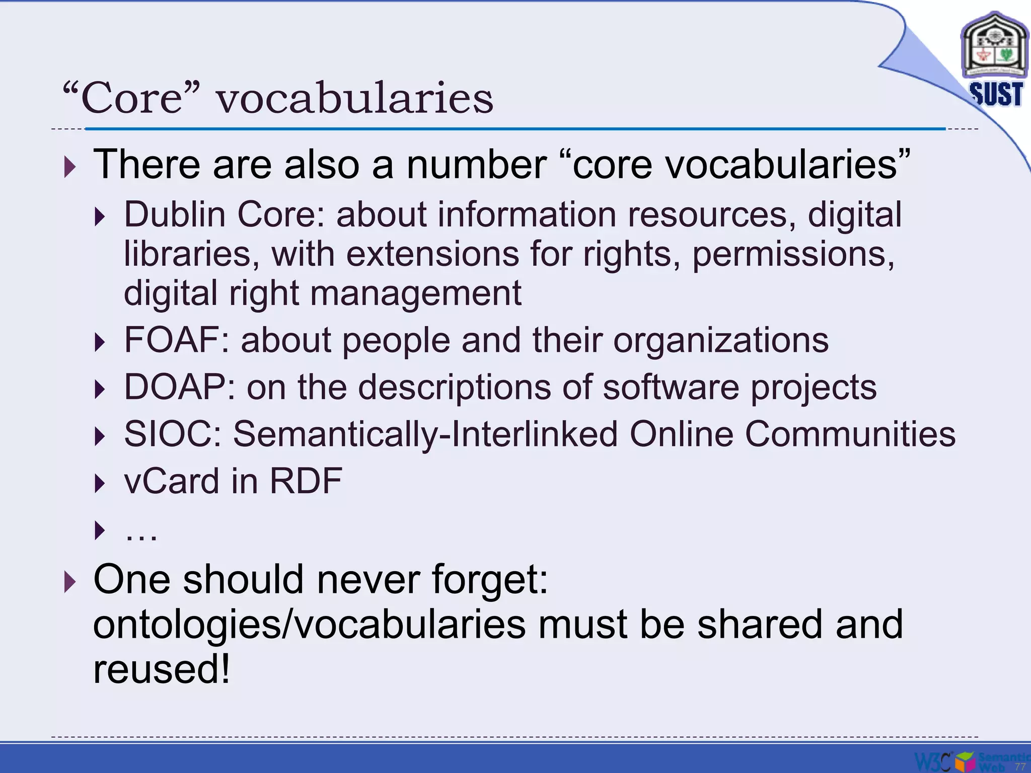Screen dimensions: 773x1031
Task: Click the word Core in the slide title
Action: click(x=131, y=98)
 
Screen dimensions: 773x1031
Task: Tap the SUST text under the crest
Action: click(x=996, y=94)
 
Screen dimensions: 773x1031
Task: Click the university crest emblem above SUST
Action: click(x=994, y=48)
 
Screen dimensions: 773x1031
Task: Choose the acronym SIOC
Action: click(x=169, y=434)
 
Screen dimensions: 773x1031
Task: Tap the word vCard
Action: click(x=172, y=481)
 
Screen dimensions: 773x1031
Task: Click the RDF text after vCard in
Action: click(x=306, y=481)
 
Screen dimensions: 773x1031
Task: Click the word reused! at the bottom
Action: click(x=162, y=669)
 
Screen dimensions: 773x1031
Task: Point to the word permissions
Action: click(x=793, y=255)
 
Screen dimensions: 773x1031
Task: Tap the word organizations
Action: click(x=720, y=340)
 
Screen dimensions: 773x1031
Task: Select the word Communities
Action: click(x=850, y=434)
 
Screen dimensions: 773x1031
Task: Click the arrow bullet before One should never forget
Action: click(x=70, y=582)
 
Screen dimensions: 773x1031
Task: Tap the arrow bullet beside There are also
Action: click(x=70, y=167)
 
